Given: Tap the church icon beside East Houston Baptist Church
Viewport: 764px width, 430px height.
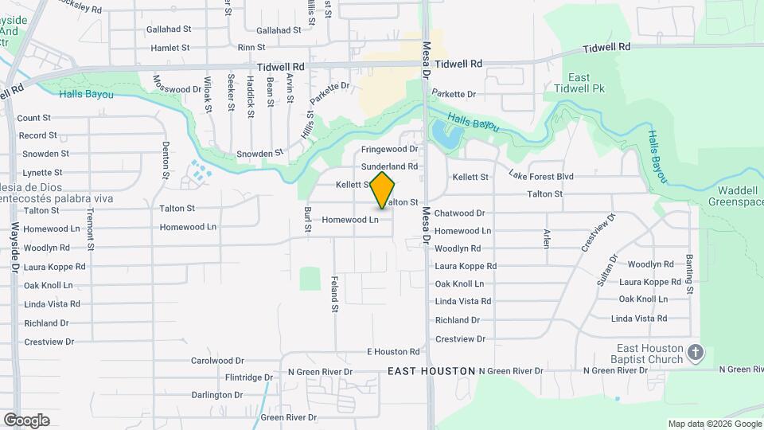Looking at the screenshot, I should [696, 352].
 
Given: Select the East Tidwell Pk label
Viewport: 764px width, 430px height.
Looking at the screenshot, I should [588, 83].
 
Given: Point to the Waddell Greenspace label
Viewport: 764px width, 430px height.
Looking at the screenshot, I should [735, 196].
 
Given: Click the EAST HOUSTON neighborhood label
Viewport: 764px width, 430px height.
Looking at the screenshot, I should [431, 372].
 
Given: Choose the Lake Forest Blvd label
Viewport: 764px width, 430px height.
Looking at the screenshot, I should [541, 176].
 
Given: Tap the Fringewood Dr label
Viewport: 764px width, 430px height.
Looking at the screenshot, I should [389, 149].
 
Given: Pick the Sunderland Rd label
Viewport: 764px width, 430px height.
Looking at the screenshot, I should [389, 166].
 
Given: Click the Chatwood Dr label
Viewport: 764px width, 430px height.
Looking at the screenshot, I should [459, 213].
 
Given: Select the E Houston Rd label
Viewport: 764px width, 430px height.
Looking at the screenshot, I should [392, 351].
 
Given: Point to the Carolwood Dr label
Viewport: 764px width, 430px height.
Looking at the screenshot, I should [217, 361].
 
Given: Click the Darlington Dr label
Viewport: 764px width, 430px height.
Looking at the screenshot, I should [216, 395].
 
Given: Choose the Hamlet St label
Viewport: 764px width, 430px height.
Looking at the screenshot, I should [170, 48].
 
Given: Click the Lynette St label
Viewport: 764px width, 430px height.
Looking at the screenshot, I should [42, 172].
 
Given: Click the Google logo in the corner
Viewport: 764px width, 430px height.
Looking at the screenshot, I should [26, 420].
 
